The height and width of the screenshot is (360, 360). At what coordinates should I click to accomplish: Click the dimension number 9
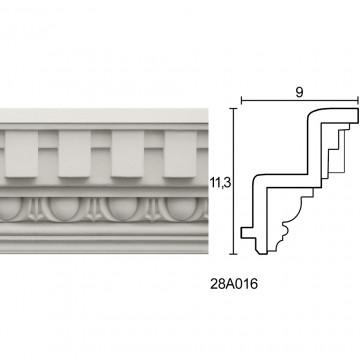tap(299, 93)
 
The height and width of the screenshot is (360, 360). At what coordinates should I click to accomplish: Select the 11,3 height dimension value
tap(220, 183)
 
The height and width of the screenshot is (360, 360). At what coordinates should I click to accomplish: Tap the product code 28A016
tap(234, 284)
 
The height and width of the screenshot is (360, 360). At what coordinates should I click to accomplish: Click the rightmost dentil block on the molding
tap(180, 154)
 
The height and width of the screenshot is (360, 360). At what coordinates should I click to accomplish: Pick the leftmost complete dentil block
tap(21, 154)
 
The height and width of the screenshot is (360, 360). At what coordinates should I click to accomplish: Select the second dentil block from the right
tap(128, 154)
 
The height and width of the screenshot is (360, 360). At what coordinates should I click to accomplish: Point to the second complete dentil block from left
tap(75, 154)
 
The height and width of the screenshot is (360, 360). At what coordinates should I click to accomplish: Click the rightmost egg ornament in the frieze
tap(183, 209)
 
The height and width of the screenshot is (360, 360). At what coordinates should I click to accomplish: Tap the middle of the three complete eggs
tap(123, 209)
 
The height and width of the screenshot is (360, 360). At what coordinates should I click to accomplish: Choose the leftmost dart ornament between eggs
tap(35, 210)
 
